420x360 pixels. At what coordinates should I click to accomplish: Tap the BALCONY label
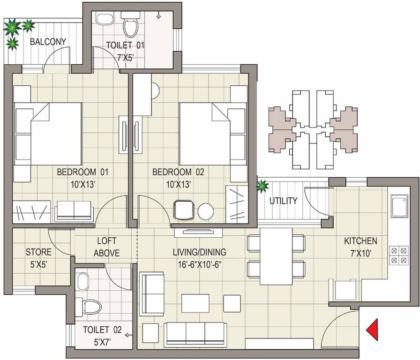(x=48, y=42)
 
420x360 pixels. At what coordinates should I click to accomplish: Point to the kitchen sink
(x=398, y=206)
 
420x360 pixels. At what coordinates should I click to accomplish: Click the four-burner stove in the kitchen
(x=398, y=255)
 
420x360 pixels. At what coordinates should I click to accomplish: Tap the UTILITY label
(x=283, y=201)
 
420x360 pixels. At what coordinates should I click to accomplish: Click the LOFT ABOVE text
(x=106, y=247)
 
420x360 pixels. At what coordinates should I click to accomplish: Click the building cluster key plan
(x=310, y=129)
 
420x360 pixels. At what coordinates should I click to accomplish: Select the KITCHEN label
(x=360, y=241)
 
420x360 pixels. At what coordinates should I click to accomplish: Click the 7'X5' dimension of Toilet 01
(x=125, y=57)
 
